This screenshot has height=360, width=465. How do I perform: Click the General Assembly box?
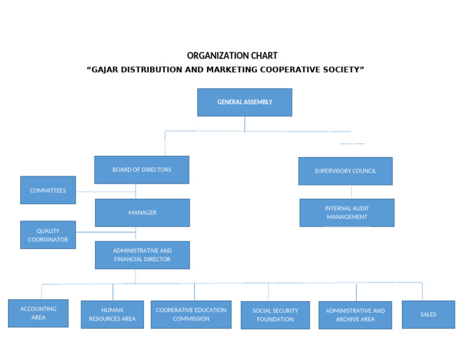(x=245, y=102)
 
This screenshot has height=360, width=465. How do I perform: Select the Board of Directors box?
(x=142, y=170)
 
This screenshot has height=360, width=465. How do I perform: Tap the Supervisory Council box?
(x=345, y=171)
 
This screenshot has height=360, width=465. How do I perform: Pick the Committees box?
(x=48, y=190)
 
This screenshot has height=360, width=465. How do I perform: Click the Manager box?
(x=142, y=213)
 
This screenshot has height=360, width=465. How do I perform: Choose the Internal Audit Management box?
(x=347, y=213)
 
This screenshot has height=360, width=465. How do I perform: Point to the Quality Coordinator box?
(x=48, y=235)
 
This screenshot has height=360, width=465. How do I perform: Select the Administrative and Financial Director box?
(x=142, y=255)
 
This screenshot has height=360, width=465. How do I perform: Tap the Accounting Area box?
(x=38, y=313)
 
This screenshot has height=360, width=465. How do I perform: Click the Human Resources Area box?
(x=112, y=315)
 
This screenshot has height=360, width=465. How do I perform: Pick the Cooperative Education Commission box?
(x=191, y=315)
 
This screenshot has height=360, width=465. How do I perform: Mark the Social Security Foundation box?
(x=275, y=315)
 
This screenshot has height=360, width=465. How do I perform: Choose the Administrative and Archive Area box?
(x=355, y=315)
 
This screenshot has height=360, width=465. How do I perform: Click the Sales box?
(x=428, y=315)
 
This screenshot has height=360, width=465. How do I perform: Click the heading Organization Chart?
(x=232, y=56)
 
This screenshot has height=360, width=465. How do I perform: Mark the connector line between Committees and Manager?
(x=106, y=192)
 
